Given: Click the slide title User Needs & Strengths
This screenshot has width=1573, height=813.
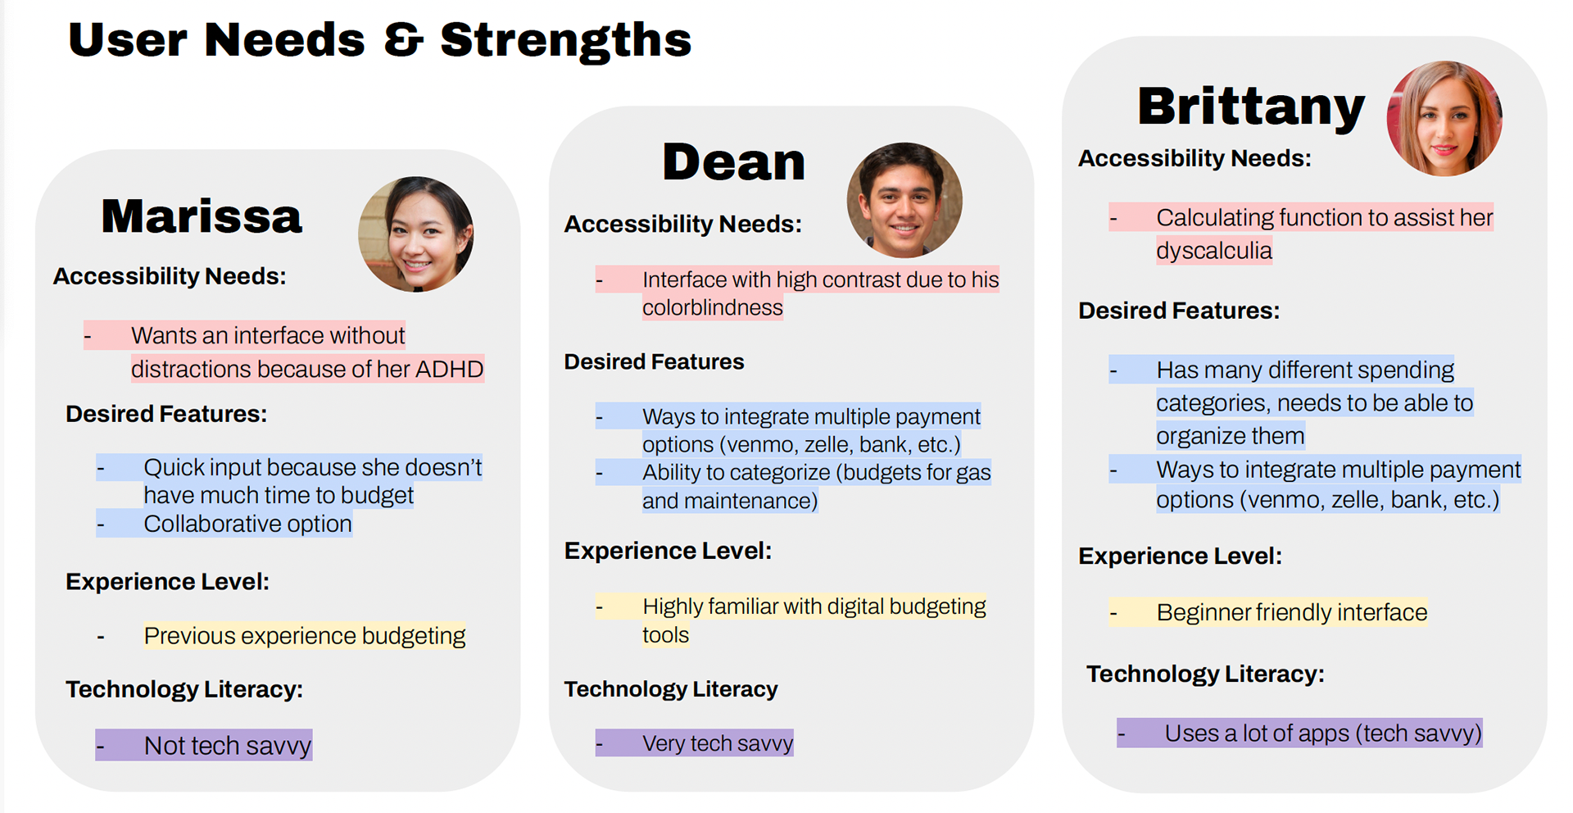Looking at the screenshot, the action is pyautogui.click(x=380, y=39).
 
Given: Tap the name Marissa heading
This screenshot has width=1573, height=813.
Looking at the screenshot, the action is pyautogui.click(x=202, y=216).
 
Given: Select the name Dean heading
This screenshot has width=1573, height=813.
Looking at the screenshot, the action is pyautogui.click(x=734, y=161).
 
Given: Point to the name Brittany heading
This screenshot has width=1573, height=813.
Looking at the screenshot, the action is pyautogui.click(x=1251, y=107).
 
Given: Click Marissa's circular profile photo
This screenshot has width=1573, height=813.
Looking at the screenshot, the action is pyautogui.click(x=416, y=234).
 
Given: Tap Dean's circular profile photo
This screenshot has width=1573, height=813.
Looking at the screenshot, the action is pyautogui.click(x=904, y=201).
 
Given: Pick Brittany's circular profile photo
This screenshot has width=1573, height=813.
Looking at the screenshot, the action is pyautogui.click(x=1444, y=118).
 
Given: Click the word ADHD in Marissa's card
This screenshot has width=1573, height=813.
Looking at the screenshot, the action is pyautogui.click(x=449, y=369).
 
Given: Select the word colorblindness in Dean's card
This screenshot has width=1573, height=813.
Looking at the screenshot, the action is pyautogui.click(x=713, y=307).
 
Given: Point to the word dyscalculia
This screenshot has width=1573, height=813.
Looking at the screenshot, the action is pyautogui.click(x=1214, y=251).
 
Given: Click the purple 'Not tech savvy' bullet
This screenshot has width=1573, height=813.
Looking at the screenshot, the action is pyautogui.click(x=204, y=745).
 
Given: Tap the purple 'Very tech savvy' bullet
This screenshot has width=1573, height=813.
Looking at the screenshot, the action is pyautogui.click(x=695, y=743).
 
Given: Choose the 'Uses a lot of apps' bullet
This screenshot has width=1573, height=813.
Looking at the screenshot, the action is pyautogui.click(x=1300, y=733).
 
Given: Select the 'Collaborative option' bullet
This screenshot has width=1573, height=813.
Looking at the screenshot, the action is pyautogui.click(x=224, y=524).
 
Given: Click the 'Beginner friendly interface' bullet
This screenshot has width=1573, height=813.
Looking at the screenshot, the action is pyautogui.click(x=1268, y=612).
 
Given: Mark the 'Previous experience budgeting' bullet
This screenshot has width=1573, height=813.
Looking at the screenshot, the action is pyautogui.click(x=281, y=636).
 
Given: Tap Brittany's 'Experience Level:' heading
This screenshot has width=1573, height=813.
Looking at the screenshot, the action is pyautogui.click(x=1180, y=556).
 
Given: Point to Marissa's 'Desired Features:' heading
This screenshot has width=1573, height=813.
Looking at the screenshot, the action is pyautogui.click(x=166, y=414).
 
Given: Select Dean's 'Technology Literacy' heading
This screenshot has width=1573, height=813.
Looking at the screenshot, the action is pyautogui.click(x=671, y=689).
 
